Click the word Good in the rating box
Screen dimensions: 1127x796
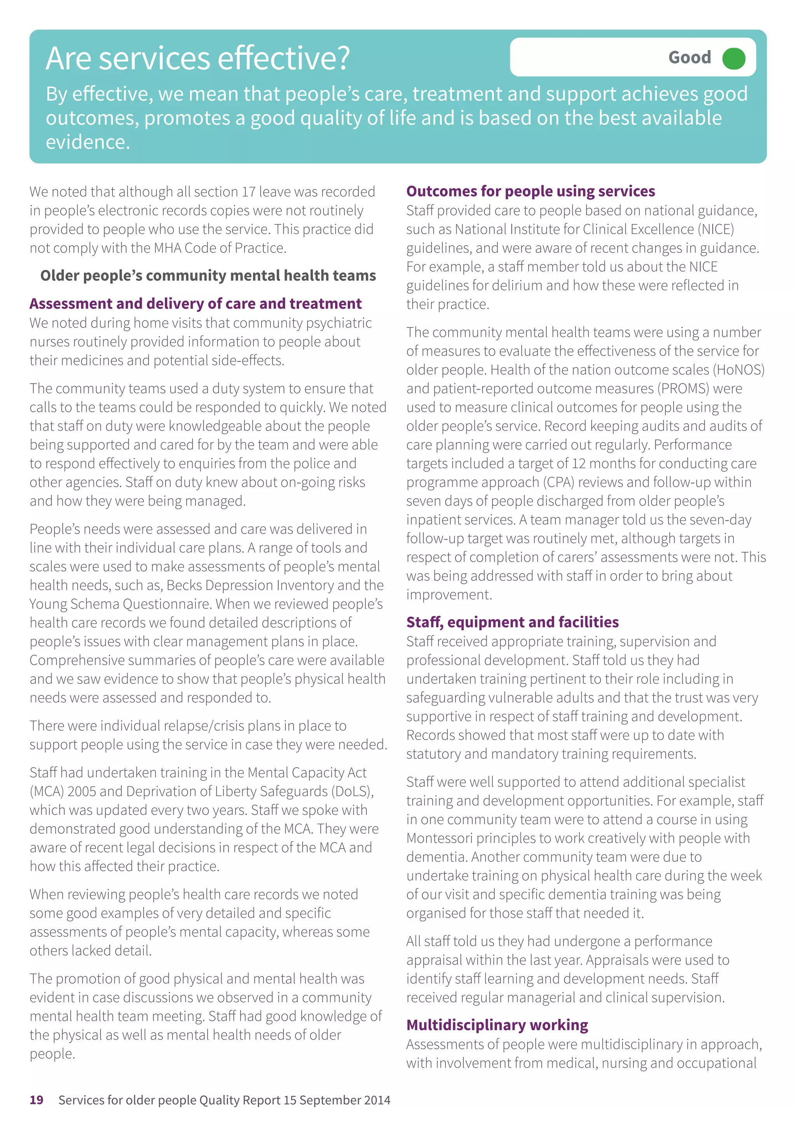pyautogui.click(x=689, y=58)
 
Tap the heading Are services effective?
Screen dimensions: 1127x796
pyautogui.click(x=198, y=58)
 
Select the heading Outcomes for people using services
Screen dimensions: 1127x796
pyautogui.click(x=530, y=191)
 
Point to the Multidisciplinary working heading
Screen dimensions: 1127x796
pyautogui.click(x=497, y=1025)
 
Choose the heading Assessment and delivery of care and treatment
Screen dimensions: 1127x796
pyautogui.click(x=195, y=303)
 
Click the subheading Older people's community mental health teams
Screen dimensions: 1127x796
pyautogui.click(x=208, y=275)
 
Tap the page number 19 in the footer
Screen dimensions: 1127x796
pyautogui.click(x=36, y=1100)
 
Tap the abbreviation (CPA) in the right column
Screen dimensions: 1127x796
pyautogui.click(x=558, y=482)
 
